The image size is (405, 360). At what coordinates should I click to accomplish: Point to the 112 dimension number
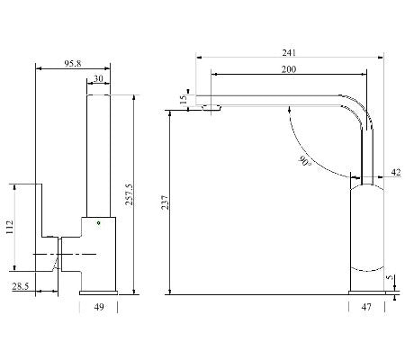pos(10,227)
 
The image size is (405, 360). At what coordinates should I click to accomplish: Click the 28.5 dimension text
pos(20,286)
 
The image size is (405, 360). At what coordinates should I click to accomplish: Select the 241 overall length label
pos(289,52)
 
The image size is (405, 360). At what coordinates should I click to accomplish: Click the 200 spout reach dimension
pos(288,70)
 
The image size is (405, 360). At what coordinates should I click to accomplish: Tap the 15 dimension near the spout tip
pos(184,100)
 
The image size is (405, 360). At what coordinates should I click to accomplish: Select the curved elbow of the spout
pos(360,112)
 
